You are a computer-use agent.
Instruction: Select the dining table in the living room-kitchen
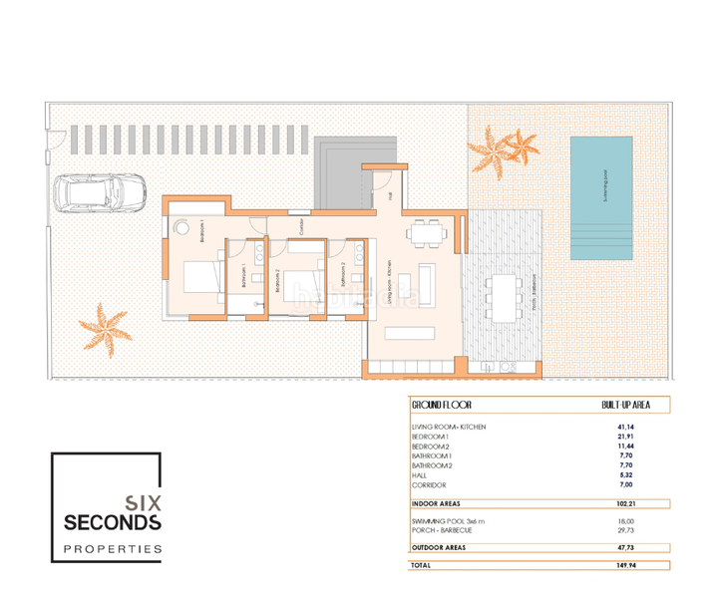click(429, 232)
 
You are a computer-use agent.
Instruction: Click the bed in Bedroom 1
click(202, 276)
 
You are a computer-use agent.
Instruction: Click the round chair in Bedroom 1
click(180, 227)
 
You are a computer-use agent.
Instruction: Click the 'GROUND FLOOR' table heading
click(441, 407)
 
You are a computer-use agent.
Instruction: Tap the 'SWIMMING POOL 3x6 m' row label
click(448, 522)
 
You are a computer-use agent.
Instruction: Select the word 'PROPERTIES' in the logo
click(113, 549)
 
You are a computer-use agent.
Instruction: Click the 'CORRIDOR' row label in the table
click(429, 484)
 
